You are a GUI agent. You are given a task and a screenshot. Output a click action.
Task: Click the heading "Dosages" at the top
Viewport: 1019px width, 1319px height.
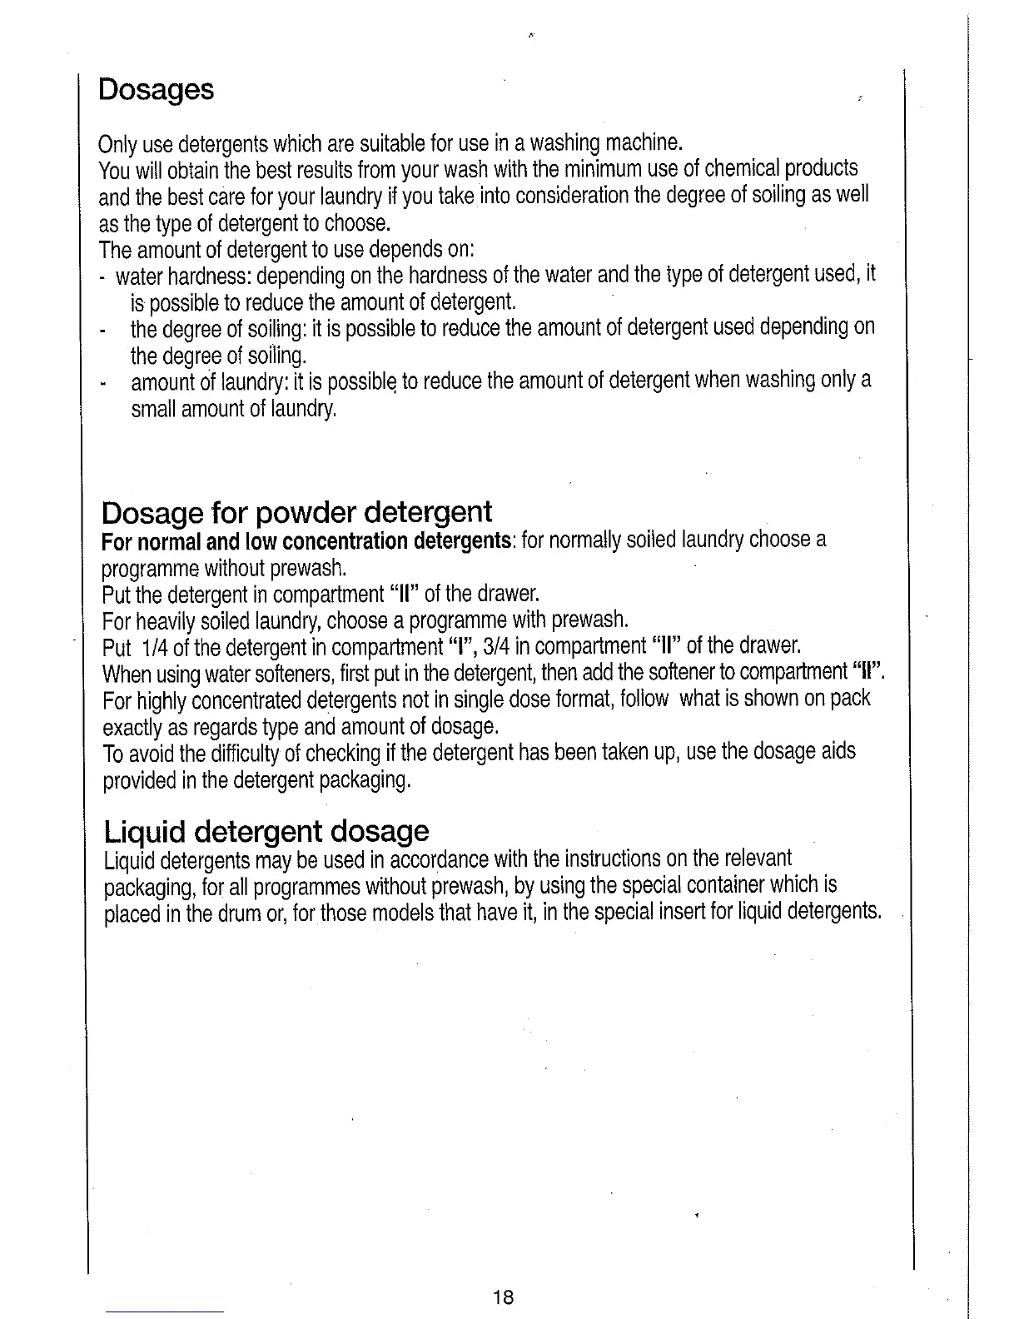pyautogui.click(x=156, y=89)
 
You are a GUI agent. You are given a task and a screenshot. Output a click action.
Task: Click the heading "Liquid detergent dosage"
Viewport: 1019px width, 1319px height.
pyautogui.click(x=266, y=830)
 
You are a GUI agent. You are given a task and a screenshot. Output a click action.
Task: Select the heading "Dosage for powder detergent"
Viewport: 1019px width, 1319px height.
pyautogui.click(x=296, y=510)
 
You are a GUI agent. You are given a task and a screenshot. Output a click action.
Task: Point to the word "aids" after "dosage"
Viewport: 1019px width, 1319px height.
pyautogui.click(x=837, y=751)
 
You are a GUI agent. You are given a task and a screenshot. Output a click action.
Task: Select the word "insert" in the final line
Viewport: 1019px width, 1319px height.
pyautogui.click(x=708, y=912)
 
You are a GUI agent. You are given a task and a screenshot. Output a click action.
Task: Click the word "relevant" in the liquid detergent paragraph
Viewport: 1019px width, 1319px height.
pyautogui.click(x=757, y=858)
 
